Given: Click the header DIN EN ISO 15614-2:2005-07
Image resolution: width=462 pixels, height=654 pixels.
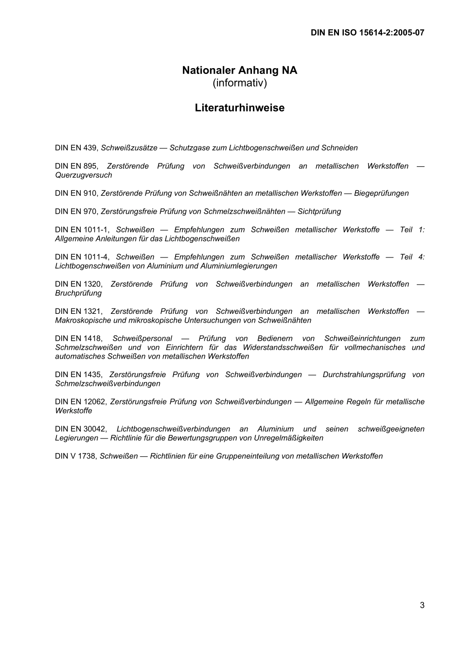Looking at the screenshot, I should point(367,33).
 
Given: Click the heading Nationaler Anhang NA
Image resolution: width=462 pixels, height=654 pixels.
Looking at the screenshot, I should point(239,70).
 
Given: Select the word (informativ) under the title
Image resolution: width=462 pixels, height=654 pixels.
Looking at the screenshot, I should point(239,83).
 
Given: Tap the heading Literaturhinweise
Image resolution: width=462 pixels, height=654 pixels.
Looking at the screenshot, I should point(239,108).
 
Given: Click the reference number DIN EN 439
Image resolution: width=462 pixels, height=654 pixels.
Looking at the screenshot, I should point(76,148).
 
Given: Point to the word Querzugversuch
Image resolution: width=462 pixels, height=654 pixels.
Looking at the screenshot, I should point(83,175).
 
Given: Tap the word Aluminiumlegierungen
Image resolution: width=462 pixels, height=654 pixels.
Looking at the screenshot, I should point(238,266).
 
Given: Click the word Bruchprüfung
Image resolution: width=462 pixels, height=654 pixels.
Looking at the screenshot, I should point(78,293).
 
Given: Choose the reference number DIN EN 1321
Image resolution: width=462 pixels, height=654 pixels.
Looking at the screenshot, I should point(78,311).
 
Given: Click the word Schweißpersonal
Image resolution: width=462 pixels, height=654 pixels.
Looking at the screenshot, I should point(142,339).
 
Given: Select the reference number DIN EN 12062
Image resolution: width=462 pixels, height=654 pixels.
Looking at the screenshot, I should point(80,402).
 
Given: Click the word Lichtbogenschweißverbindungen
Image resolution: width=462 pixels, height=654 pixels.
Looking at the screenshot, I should point(173,429).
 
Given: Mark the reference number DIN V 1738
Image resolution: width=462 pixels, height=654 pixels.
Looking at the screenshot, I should point(75,456).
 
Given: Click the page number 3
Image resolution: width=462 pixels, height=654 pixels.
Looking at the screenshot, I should point(422,605).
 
